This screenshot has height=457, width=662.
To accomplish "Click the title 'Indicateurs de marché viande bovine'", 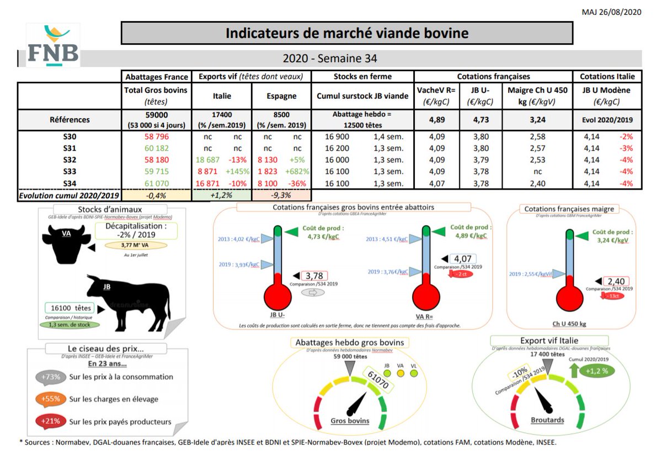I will (x=347, y=33).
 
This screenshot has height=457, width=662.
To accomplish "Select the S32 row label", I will (x=70, y=160).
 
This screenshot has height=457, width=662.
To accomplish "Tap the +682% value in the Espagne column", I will (x=298, y=171).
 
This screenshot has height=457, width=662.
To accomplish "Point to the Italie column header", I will (x=222, y=95).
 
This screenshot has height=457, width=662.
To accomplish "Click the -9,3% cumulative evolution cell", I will (x=281, y=195).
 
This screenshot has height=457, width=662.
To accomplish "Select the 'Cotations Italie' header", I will (x=607, y=77).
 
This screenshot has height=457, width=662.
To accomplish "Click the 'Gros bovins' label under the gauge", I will (x=350, y=421).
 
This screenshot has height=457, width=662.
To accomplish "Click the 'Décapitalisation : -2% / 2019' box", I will (x=136, y=231).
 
